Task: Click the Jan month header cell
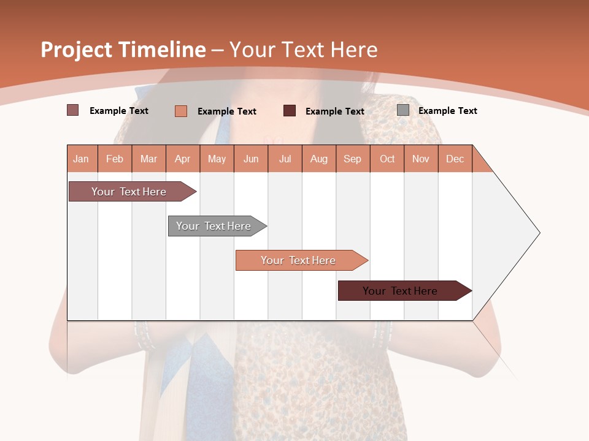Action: coord(82,159)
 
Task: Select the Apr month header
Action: coord(183,159)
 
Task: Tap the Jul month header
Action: coord(285,159)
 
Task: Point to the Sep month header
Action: coord(353,159)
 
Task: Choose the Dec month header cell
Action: coord(455,159)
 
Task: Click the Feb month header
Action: coord(115,159)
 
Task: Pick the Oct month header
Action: coord(387,159)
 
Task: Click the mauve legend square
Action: coord(73,110)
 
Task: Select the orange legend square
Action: coord(181,111)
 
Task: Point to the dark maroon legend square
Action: coord(290,111)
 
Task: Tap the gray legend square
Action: coord(403,110)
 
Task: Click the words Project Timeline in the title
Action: coord(123,50)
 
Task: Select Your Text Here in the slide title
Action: coord(304,50)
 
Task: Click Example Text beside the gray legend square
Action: coord(447,111)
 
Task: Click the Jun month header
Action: coord(251,159)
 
